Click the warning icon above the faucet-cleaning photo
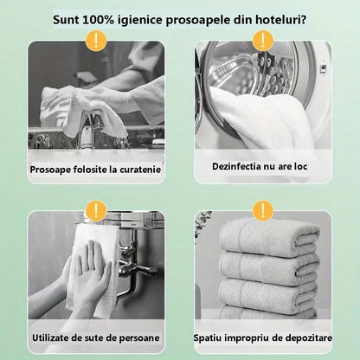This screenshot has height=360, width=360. click(x=98, y=40)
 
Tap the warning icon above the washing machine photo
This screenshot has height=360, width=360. click(x=262, y=40)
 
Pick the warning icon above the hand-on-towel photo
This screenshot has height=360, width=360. click(x=98, y=209)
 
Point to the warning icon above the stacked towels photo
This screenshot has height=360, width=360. click(x=262, y=209)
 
